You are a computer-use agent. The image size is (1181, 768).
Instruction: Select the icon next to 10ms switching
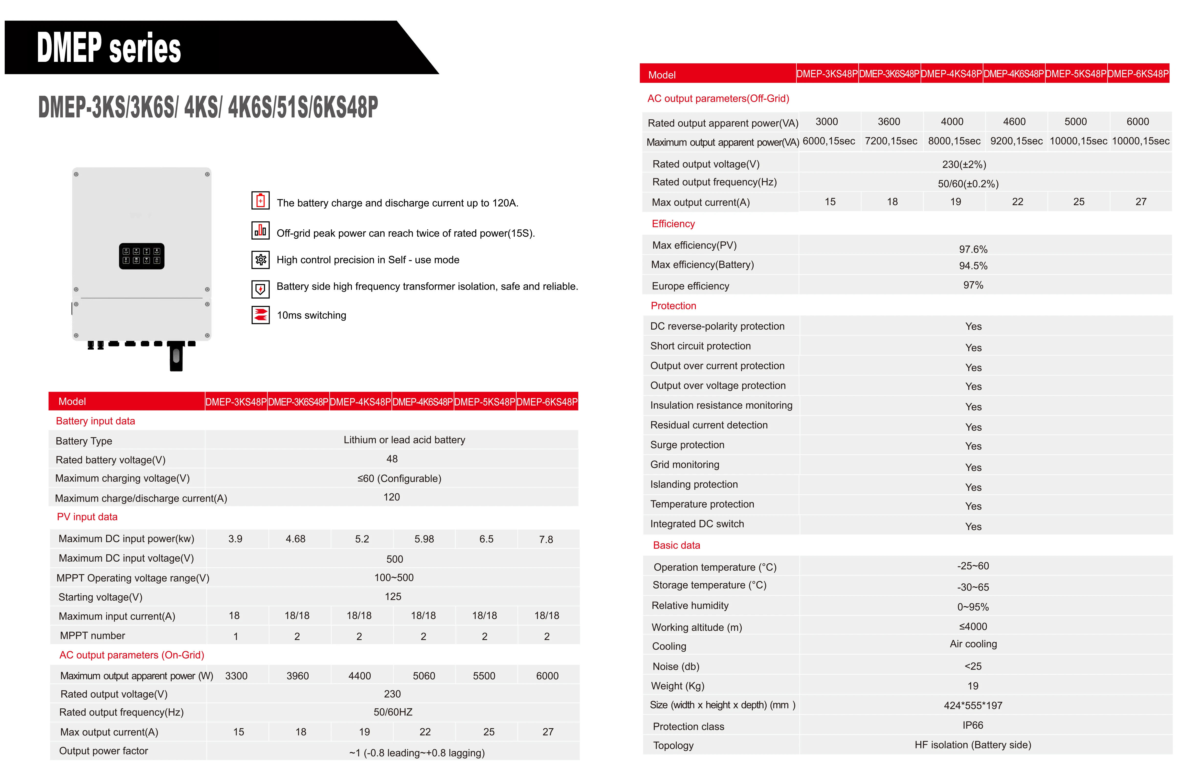click(x=260, y=314)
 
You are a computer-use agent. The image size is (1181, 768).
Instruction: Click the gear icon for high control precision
click(x=260, y=259)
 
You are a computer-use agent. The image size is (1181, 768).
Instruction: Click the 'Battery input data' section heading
click(x=95, y=421)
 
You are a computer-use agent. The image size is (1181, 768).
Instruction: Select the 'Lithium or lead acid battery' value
click(x=404, y=440)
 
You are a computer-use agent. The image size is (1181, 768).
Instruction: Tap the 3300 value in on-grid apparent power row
click(x=236, y=676)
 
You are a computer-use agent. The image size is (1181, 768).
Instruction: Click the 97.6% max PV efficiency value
click(x=973, y=249)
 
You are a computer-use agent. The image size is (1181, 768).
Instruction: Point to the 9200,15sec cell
click(x=1016, y=141)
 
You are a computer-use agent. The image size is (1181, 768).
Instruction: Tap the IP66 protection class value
click(x=973, y=725)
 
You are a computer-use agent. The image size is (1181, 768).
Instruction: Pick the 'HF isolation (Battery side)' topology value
click(x=973, y=745)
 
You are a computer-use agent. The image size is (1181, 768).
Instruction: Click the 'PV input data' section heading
click(x=87, y=516)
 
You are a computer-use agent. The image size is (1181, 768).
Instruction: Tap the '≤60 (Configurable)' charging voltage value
click(x=399, y=478)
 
